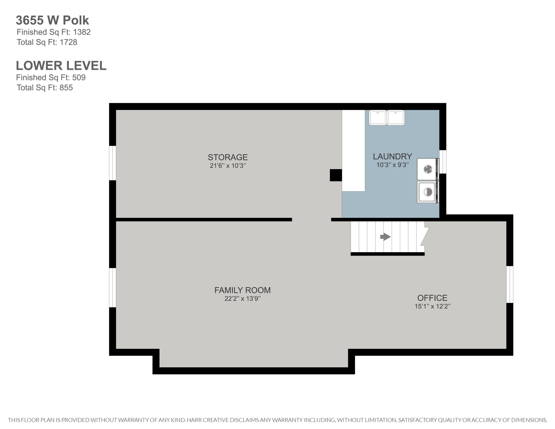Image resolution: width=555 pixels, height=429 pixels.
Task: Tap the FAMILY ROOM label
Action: [242, 290]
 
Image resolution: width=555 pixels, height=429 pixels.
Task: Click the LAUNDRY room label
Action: [392, 156]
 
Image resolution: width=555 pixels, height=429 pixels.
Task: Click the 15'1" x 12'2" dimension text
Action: [432, 306]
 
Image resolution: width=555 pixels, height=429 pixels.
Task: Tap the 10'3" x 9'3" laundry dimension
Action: [392, 165]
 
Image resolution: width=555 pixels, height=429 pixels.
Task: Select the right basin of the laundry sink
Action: [395, 118]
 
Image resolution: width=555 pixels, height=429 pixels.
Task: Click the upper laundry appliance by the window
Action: [428, 169]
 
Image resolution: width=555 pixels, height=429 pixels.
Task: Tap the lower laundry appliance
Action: [428, 192]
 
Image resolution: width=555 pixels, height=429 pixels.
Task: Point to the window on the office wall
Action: [509, 284]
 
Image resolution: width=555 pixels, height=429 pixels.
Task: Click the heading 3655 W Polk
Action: [52, 20]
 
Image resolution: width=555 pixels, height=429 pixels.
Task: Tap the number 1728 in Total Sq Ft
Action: [68, 42]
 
